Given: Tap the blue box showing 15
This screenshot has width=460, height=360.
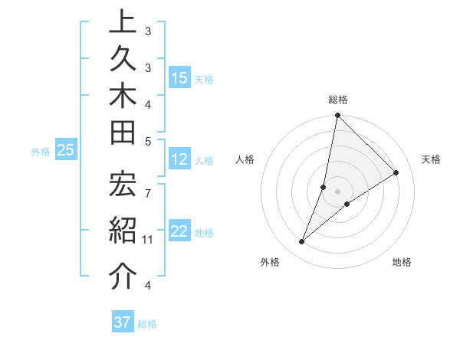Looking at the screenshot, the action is (179, 78).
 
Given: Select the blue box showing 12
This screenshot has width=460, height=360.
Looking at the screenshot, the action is (179, 159).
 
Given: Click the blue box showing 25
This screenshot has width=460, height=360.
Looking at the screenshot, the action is (66, 151).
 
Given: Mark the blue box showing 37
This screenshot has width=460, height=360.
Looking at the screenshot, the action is (123, 322).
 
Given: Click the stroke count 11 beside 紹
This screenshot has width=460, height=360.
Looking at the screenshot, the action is (147, 240).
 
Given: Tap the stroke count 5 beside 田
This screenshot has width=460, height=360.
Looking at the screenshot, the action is (147, 141).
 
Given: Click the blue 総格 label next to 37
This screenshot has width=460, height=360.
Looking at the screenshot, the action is (147, 324).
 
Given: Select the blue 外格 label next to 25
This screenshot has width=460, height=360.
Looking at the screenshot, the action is (41, 152).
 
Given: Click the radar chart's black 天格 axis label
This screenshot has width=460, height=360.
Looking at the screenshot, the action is (431, 159).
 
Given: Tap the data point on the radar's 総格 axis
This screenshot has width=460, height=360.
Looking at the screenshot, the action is (337, 116).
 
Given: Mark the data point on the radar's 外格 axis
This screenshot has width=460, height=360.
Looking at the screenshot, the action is (302, 242).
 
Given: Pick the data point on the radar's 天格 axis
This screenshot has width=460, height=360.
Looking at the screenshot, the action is (396, 172).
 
